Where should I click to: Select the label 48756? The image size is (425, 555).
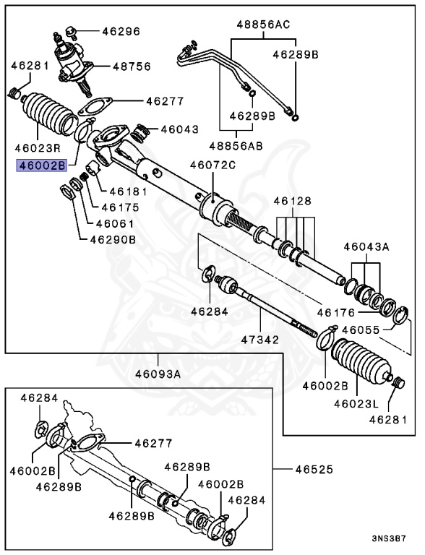[131, 66]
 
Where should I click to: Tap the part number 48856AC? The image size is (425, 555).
[262, 24]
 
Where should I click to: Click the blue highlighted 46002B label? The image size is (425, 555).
[42, 165]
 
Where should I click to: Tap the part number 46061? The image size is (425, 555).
[115, 223]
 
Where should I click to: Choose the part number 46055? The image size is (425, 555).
[361, 330]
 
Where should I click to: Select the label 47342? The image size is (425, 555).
[259, 338]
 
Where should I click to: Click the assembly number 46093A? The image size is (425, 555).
[158, 374]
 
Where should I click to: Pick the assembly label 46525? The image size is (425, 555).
[313, 470]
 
